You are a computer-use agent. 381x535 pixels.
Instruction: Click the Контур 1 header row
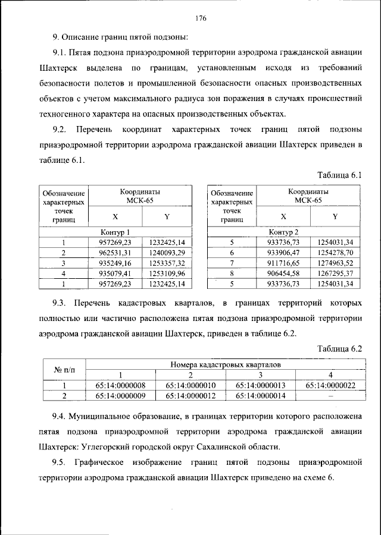(x=115, y=232)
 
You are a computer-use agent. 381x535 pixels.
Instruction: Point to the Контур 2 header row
(x=283, y=232)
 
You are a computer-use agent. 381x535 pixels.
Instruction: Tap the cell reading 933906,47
(x=283, y=252)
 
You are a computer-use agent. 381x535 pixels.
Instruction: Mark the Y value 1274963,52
(x=335, y=262)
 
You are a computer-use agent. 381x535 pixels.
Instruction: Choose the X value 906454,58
(x=283, y=273)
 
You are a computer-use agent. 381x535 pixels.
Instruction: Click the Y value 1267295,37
(x=335, y=273)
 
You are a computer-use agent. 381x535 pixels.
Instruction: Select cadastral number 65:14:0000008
(x=120, y=385)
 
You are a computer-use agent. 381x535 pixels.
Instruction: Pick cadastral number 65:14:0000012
(x=190, y=395)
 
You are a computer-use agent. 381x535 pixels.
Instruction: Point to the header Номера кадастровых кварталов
(x=225, y=364)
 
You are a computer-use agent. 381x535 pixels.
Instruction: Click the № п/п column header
(x=64, y=370)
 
